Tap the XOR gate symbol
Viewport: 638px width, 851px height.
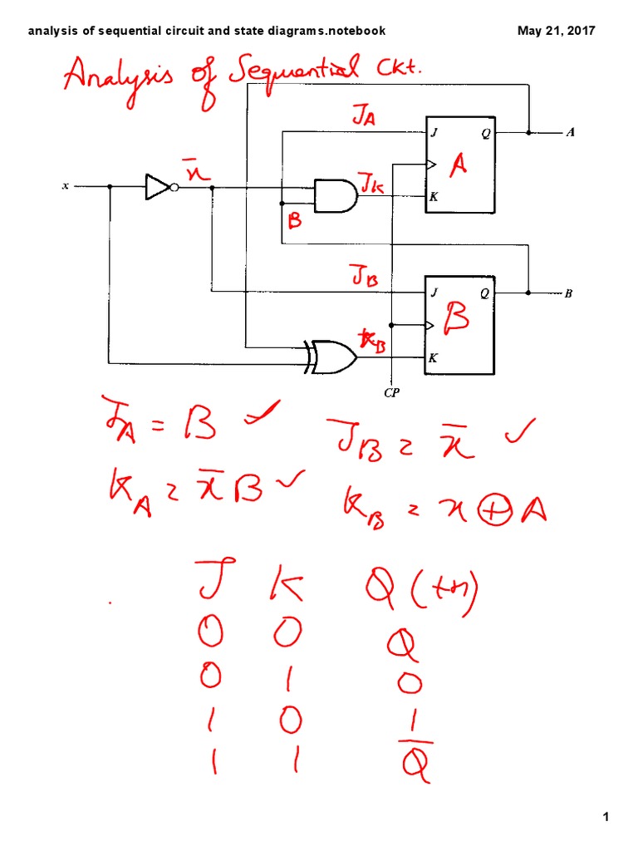pyautogui.click(x=331, y=357)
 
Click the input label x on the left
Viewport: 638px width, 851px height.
pyautogui.click(x=66, y=186)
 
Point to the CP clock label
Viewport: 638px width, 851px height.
pyautogui.click(x=392, y=394)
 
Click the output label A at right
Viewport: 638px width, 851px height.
pyautogui.click(x=569, y=132)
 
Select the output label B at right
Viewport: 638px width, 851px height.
pyautogui.click(x=569, y=293)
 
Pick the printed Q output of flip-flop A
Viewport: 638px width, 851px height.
pyautogui.click(x=485, y=132)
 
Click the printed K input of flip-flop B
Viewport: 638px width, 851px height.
pyautogui.click(x=433, y=359)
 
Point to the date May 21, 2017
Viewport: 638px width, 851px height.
pyautogui.click(x=556, y=32)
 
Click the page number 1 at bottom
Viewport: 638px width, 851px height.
pyautogui.click(x=606, y=818)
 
